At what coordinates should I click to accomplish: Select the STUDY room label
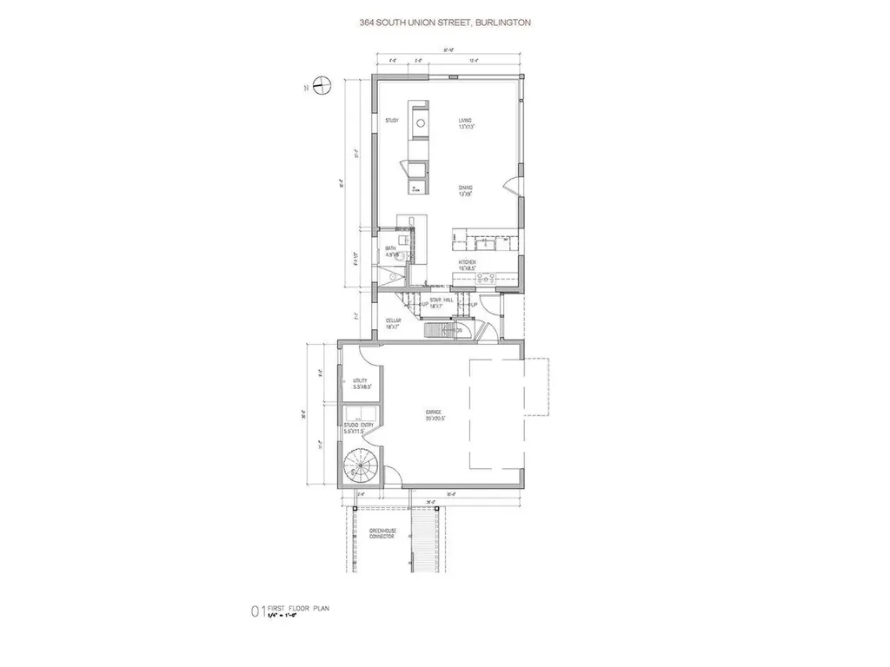(x=391, y=120)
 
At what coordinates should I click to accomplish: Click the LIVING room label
(x=465, y=120)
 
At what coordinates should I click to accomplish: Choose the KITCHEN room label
(x=468, y=261)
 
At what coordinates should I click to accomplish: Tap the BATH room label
(x=391, y=249)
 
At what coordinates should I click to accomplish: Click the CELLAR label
(x=394, y=323)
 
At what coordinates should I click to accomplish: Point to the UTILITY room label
(x=360, y=380)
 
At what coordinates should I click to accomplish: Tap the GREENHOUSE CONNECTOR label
(x=382, y=534)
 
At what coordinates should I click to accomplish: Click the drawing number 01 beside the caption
(x=257, y=612)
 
